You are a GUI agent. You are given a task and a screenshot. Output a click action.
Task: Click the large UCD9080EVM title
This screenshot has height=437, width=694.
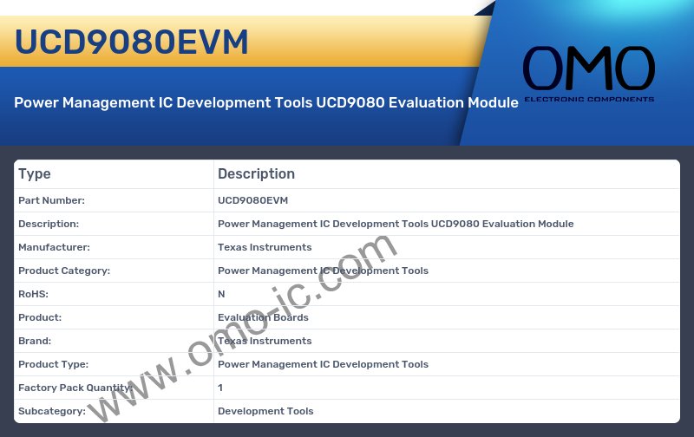(x=131, y=42)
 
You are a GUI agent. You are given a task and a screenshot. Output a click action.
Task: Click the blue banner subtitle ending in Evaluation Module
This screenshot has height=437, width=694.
(x=266, y=102)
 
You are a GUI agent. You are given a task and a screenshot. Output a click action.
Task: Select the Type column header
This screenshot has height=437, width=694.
(x=35, y=173)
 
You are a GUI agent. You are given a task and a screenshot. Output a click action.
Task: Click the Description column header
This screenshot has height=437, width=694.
(x=256, y=173)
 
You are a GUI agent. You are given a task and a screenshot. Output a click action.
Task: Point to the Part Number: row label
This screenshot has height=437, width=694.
(x=51, y=200)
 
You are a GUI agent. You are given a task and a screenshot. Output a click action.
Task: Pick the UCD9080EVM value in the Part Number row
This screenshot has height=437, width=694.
(x=252, y=200)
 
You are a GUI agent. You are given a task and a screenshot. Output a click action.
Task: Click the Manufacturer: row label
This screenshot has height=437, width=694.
(x=54, y=247)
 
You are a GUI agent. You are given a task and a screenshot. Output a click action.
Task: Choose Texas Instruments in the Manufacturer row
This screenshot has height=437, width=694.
(x=265, y=247)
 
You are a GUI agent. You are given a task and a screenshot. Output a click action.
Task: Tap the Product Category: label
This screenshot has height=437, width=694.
(x=64, y=271)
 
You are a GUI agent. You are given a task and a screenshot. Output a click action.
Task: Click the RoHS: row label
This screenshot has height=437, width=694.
(x=33, y=294)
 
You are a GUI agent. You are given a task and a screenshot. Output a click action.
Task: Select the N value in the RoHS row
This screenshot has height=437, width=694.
(x=221, y=294)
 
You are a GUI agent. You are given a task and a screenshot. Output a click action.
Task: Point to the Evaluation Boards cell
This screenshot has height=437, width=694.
(x=263, y=317)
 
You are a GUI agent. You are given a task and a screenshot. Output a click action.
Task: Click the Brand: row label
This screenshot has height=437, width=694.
(x=35, y=341)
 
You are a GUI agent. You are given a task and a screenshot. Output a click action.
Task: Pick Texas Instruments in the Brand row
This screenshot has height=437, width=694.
(x=265, y=341)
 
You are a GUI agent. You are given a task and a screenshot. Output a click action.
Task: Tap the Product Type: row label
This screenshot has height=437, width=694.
(x=53, y=364)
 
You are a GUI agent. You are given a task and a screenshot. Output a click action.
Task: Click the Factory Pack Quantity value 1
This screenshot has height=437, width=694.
(x=220, y=388)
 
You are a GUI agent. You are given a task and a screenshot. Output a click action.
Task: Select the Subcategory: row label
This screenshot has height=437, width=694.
(x=52, y=411)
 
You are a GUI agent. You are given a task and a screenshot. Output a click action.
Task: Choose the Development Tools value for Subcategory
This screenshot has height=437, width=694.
(x=265, y=411)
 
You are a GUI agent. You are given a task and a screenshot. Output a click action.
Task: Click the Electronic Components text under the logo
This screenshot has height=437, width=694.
(x=588, y=100)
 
